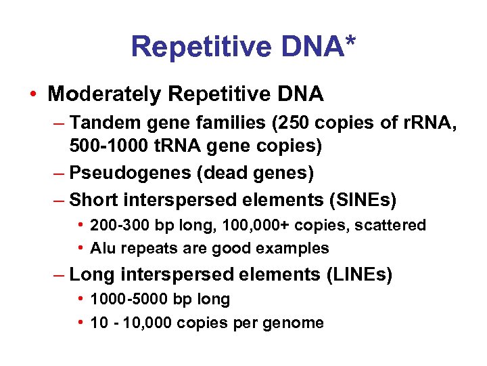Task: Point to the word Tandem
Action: tap(99, 123)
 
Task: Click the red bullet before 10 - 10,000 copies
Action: tap(80, 323)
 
